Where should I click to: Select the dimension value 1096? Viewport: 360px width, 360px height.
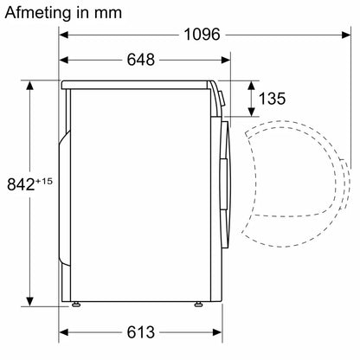(x=201, y=35)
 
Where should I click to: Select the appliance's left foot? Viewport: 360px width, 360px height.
(x=79, y=303)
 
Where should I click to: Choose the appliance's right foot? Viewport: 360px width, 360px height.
(x=199, y=303)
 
